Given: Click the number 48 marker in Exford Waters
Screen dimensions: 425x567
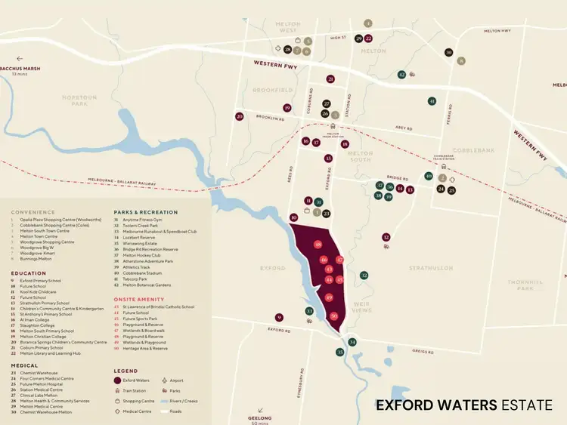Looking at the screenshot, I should pos(318,245).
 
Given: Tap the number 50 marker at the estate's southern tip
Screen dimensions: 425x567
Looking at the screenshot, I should pos(334,316).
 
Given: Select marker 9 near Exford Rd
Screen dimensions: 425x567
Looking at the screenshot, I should pos(279,318).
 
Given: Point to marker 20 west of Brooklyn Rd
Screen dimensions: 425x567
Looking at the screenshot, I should pos(240,116).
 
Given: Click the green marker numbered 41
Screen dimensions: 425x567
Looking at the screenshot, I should pos(432,101).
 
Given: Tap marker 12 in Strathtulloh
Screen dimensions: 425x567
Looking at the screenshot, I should pos(386,237).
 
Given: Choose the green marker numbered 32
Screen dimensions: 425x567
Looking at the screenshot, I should pos(364,276).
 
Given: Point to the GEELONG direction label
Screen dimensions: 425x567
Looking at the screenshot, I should pos(259,417).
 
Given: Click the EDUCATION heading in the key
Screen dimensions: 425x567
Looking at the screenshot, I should pos(28,273).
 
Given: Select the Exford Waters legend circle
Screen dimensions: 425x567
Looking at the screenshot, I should pos(118,380).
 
